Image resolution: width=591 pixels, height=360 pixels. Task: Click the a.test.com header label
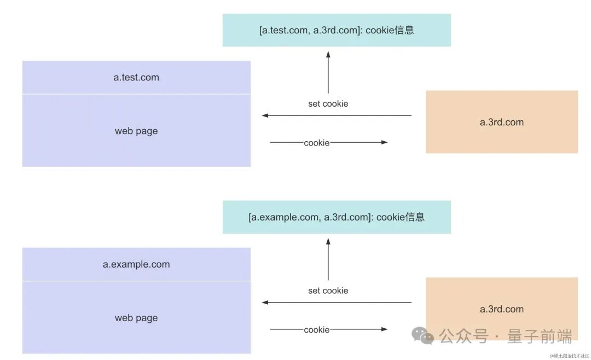136,78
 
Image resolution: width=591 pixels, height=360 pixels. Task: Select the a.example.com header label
136,264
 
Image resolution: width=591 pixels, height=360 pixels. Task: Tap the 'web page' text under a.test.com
136,131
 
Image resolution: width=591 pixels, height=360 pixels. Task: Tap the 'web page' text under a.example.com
136,318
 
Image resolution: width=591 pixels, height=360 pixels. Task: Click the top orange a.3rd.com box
502,122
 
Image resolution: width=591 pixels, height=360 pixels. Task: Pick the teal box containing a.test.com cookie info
337,30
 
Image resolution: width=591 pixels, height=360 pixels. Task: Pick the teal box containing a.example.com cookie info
337,217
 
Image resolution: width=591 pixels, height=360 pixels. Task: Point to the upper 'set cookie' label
328,104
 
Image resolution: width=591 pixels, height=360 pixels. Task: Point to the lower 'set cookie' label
328,291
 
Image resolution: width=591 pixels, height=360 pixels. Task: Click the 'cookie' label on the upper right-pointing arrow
317,143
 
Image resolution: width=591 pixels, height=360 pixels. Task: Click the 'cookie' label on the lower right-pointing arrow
317,330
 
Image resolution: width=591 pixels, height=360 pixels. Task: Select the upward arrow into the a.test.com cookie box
328,71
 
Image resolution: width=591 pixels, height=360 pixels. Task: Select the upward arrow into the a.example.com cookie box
328,258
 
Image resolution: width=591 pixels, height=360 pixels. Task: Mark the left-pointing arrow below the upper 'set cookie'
337,115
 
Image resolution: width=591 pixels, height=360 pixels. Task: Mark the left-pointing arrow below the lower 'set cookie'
337,303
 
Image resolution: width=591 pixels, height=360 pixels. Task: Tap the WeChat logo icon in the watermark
422,335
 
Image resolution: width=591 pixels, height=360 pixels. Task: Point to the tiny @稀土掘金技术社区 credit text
569,356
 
